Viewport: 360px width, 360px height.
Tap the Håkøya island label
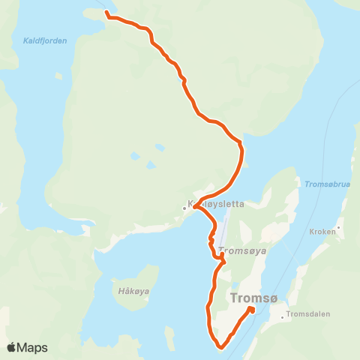131,291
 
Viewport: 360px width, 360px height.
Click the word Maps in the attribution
33,347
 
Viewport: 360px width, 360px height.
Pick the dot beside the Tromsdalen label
283,316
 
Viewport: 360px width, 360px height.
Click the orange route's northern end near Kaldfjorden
107,13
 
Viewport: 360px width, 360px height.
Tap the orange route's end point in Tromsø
252,310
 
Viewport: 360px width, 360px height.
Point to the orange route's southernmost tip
221,347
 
